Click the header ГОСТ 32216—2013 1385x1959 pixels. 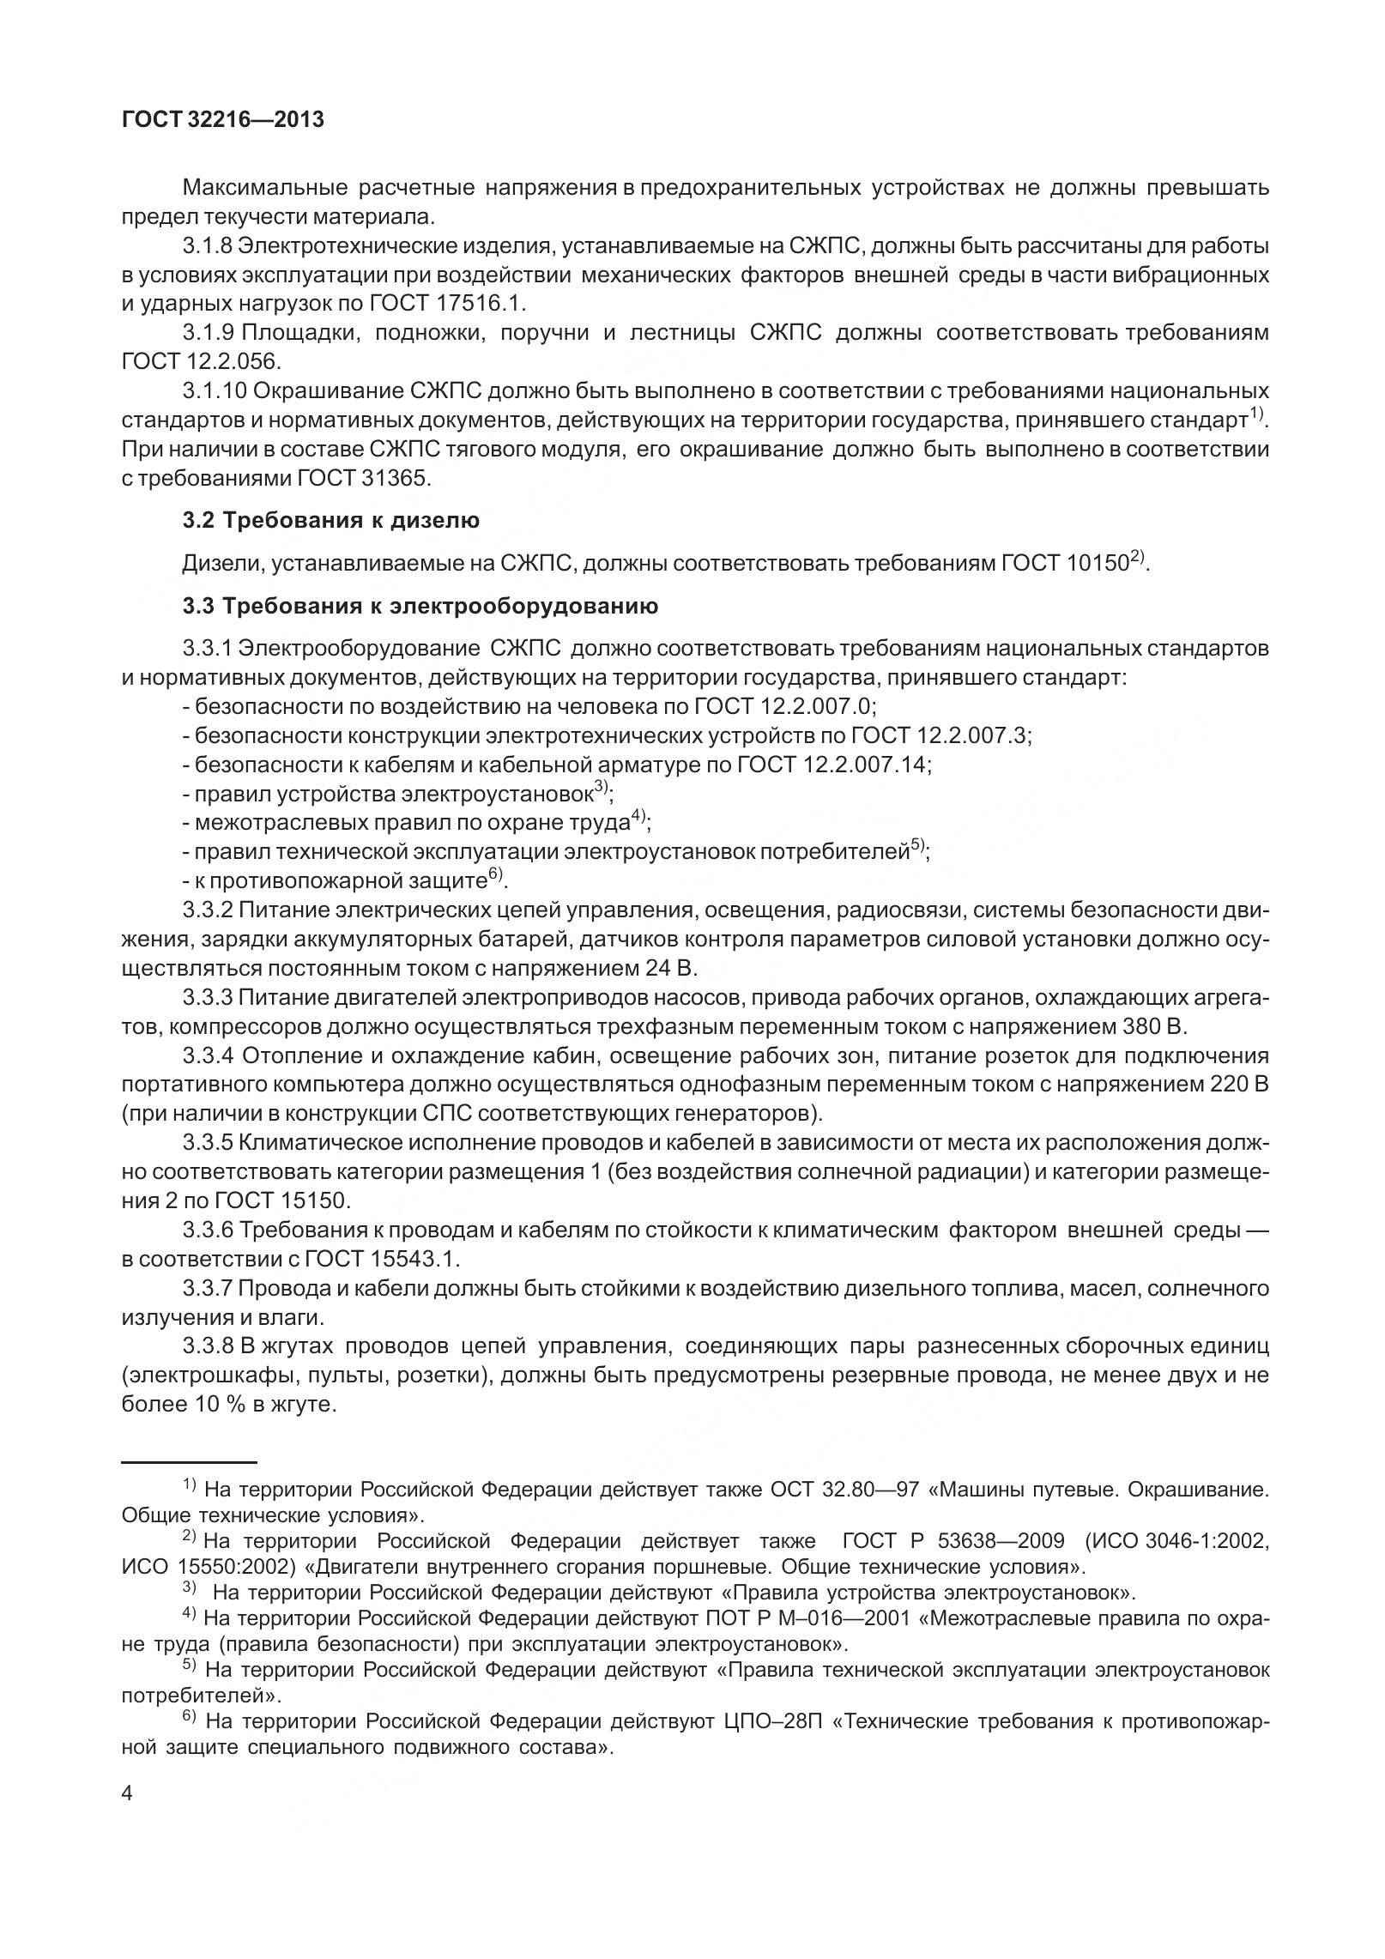click(223, 119)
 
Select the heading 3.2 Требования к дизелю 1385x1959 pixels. click(330, 520)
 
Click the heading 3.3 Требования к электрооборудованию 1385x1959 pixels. click(420, 606)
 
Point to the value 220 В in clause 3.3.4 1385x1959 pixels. click(1239, 1085)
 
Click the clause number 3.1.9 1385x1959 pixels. click(209, 332)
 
